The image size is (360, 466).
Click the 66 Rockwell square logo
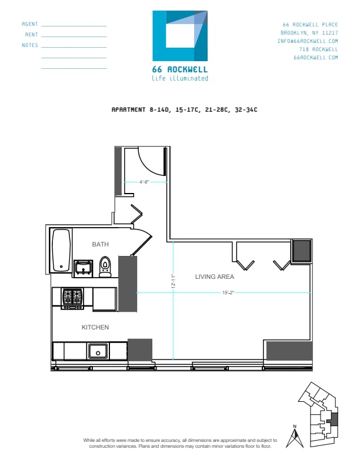(180, 36)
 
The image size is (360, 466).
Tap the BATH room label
(100, 244)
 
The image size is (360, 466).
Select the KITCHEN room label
(95, 327)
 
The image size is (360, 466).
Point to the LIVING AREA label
(215, 277)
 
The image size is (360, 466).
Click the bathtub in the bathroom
(61, 250)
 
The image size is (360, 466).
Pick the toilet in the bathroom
(105, 267)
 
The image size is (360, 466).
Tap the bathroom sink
(83, 268)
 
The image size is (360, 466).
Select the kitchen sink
(98, 351)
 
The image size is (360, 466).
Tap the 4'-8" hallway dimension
(146, 182)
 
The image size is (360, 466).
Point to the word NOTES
(30, 45)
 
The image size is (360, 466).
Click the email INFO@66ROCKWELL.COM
(308, 41)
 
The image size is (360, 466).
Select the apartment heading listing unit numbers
(185, 109)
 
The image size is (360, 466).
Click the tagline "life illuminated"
(180, 78)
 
